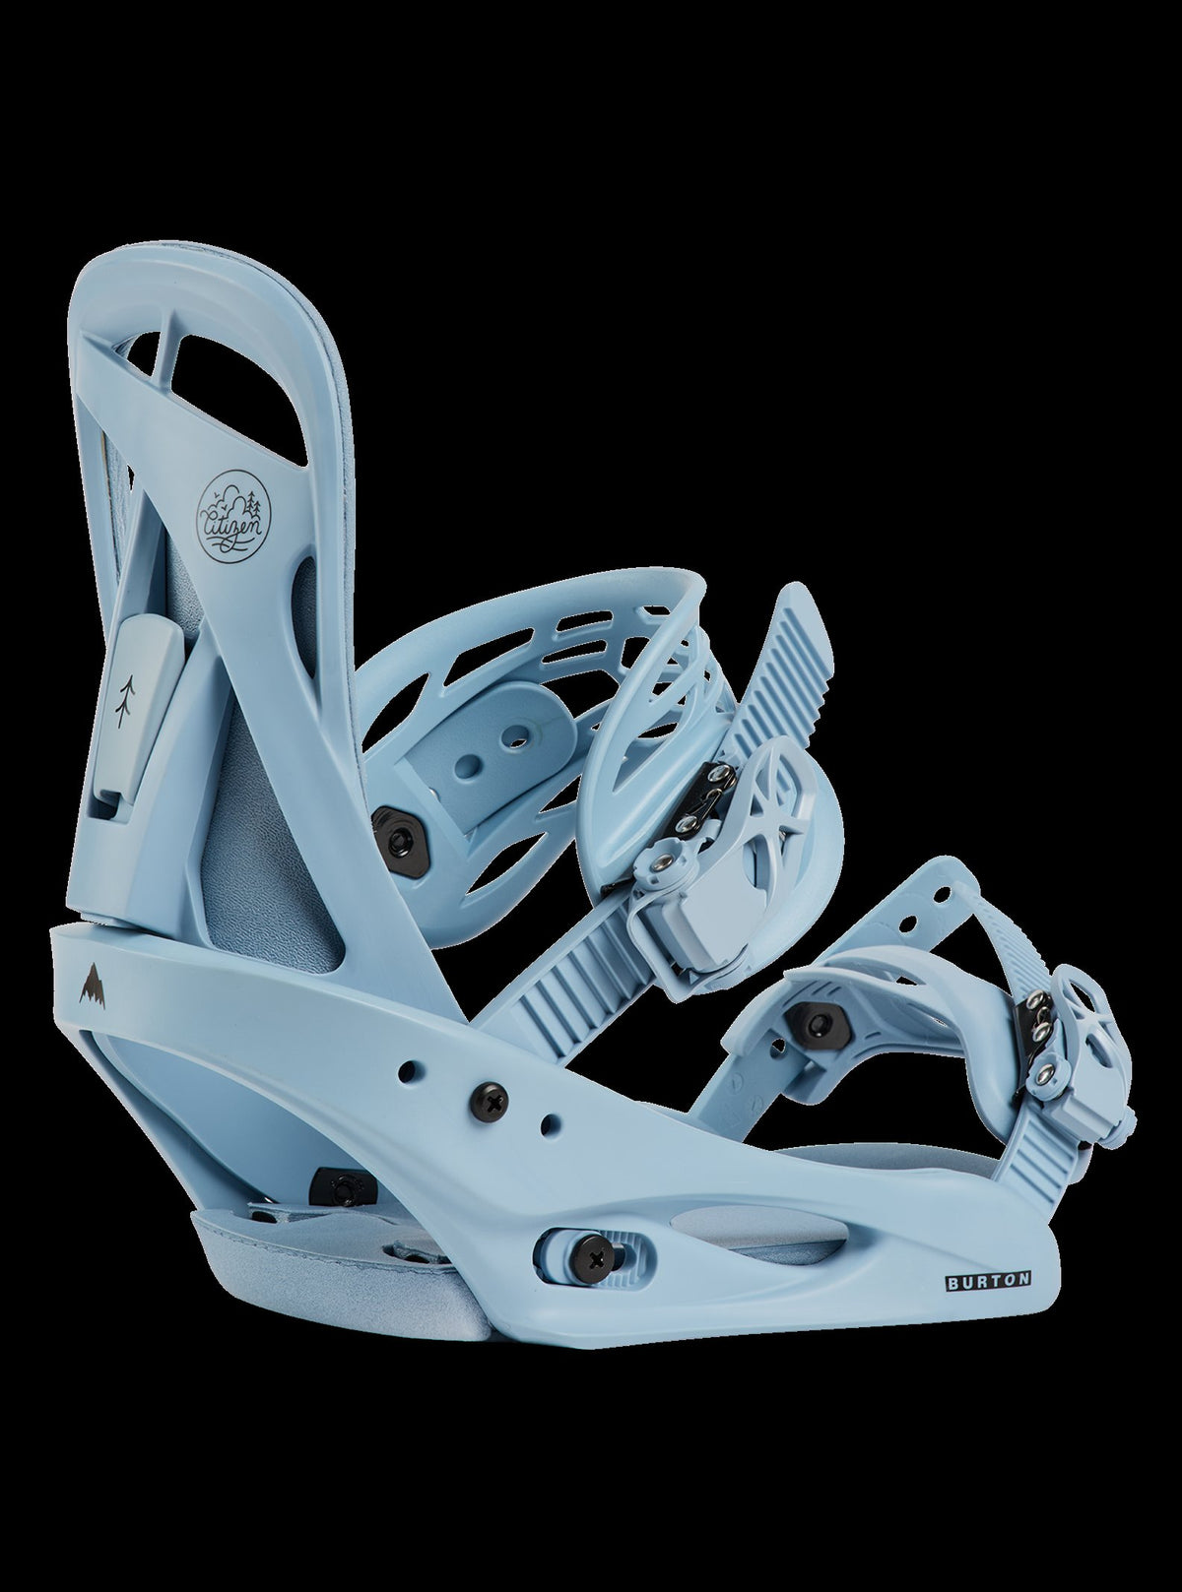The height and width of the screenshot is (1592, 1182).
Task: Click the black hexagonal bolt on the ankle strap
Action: coord(393,822)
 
